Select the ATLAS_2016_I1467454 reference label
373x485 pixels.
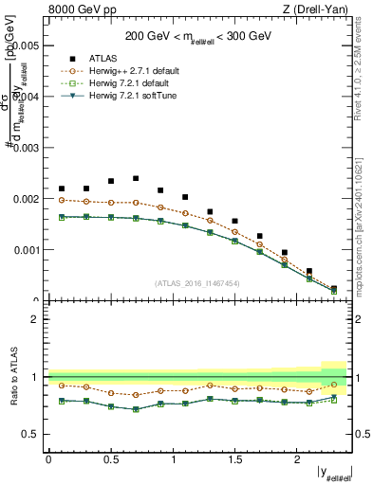pos(198,283)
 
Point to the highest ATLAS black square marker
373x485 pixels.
pos(136,178)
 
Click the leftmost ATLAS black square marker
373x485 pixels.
pos(62,189)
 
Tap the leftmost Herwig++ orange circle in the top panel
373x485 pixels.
pos(62,200)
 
